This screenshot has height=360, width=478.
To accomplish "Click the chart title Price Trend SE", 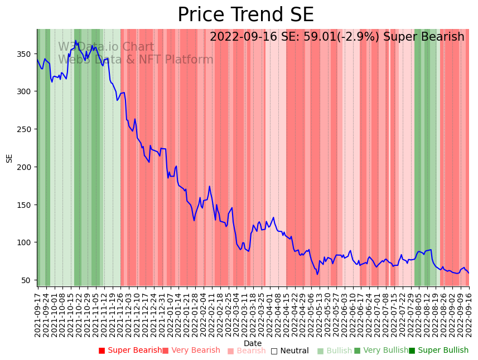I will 245,15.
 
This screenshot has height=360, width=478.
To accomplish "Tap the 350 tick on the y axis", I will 26,54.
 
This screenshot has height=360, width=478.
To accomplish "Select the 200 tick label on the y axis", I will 26,167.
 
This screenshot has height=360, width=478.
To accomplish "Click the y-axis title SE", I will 9,158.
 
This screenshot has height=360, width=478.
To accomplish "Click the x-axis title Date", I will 252,343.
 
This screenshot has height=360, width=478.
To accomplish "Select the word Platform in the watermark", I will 188,60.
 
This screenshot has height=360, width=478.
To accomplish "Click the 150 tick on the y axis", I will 26,205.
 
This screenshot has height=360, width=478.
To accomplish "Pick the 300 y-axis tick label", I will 26,91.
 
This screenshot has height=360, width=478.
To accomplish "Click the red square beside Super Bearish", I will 102,351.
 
